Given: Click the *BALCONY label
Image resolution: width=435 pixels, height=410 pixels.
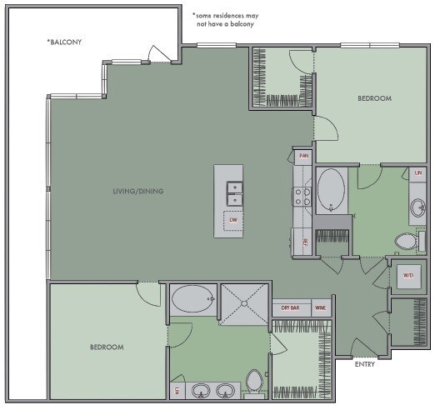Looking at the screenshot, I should tap(66, 41).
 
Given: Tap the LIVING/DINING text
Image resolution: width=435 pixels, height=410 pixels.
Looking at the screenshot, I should tap(138, 192).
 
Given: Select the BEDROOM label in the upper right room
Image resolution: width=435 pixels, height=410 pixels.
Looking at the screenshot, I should tap(374, 98).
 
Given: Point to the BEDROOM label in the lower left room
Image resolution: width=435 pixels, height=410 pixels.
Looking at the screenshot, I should tap(107, 347).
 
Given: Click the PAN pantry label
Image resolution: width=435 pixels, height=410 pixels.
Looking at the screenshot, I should tap(304, 156).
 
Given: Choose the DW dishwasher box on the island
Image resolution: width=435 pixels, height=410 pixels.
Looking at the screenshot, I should tap(234, 220).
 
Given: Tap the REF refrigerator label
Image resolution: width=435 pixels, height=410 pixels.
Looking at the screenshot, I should tap(306, 241).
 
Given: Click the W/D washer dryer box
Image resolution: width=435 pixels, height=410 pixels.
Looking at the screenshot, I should tap(408, 275).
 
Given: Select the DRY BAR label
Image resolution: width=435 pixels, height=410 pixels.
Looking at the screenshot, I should tap(291, 308).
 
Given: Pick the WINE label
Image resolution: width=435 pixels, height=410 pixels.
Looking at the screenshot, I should tap(320, 308).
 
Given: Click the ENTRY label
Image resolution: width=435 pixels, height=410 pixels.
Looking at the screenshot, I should tap(364, 364).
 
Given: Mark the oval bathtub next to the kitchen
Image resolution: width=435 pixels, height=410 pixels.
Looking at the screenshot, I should tap(331, 189).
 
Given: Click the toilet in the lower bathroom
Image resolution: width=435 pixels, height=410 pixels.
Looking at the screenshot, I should tap(255, 383).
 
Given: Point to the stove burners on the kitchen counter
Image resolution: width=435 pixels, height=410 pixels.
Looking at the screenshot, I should tap(302, 196).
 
